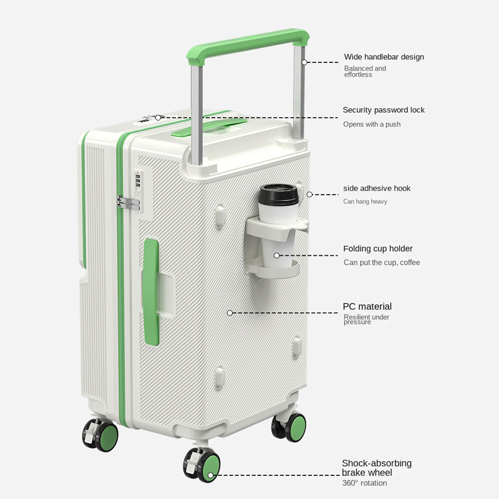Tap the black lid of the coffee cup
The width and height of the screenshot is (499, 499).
[x=278, y=195]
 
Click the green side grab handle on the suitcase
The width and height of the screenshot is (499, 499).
[x=152, y=292]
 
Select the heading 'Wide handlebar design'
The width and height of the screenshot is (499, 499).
[x=384, y=57]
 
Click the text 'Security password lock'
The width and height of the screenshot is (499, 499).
[x=384, y=110]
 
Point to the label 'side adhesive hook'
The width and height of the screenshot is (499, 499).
[x=377, y=188]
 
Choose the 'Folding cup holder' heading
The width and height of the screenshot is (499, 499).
[x=378, y=248]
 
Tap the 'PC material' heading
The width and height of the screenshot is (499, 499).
[x=367, y=306]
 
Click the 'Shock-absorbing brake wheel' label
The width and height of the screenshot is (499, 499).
[x=377, y=468]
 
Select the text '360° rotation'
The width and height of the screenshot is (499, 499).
[x=365, y=483]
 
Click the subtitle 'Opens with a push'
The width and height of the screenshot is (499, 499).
[x=372, y=124]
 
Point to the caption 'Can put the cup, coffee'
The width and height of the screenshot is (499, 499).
[x=382, y=263]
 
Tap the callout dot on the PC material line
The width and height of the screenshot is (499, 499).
[x=230, y=313]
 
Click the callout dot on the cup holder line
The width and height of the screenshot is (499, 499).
[x=276, y=255]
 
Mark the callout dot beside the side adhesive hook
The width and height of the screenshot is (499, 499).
[x=309, y=195]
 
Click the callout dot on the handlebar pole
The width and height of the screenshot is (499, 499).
[x=304, y=62]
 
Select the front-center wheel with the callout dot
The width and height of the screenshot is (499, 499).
[x=201, y=465]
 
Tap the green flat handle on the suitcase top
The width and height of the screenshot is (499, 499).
[x=209, y=127]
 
